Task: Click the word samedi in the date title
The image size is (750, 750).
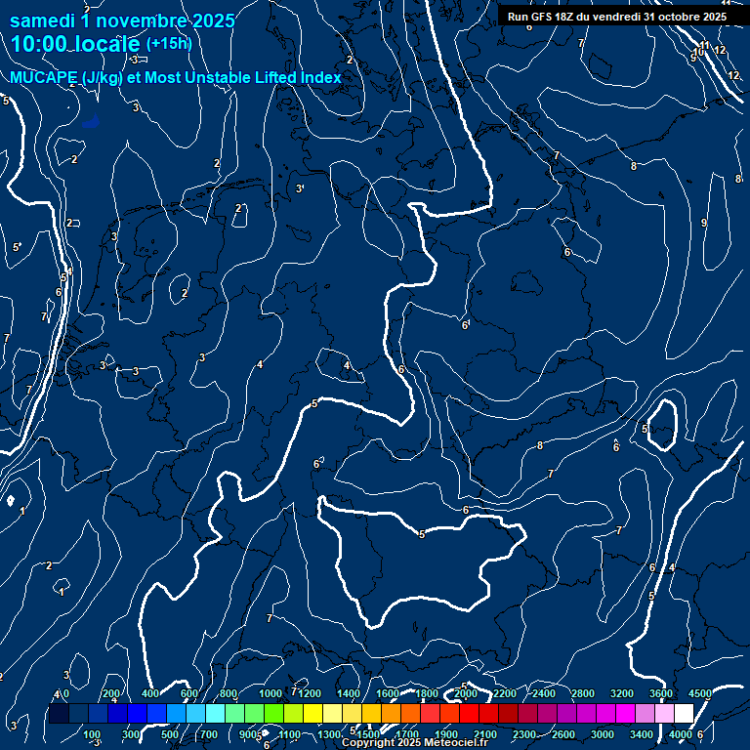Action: tap(44, 20)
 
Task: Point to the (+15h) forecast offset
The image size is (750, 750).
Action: tap(168, 43)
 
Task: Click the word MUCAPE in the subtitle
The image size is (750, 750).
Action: tap(39, 78)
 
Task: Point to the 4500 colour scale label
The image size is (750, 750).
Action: tap(700, 693)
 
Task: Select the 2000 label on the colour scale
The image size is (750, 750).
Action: tap(466, 693)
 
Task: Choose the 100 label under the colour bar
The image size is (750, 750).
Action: tap(93, 734)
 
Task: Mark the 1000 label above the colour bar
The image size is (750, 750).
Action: tap(271, 693)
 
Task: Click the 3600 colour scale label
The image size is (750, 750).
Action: tap(661, 693)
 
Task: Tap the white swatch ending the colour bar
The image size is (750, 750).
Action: tap(684, 714)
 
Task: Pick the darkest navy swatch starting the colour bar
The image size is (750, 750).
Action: tap(59, 714)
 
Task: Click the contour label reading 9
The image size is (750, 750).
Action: tap(704, 223)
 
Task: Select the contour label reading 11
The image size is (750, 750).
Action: tap(704, 46)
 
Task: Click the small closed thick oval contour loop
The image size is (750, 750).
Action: tap(662, 425)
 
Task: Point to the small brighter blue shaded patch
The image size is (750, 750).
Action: tap(91, 122)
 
